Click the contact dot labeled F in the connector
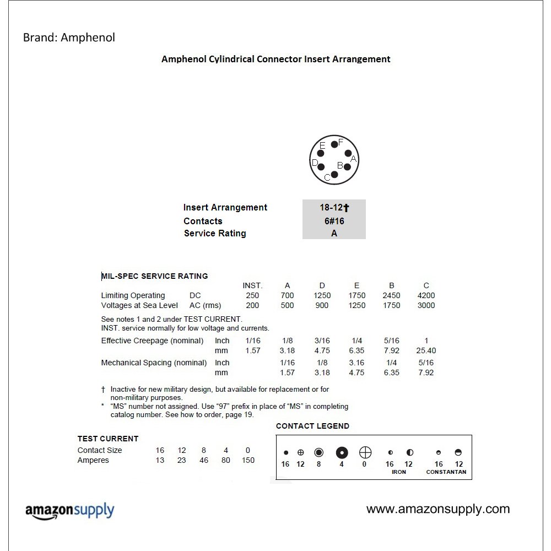point(334,145)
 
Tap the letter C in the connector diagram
point(327,177)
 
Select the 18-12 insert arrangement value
point(334,208)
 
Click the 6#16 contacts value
point(334,221)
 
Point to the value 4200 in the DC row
point(426,295)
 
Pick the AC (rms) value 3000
point(426,305)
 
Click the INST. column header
point(252,285)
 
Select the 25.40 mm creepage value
point(426,350)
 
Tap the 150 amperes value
point(248,460)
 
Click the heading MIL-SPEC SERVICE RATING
point(155,276)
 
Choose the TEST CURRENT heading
point(108,439)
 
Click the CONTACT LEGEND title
point(312,426)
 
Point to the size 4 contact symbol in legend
point(342,453)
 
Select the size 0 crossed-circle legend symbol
point(365,453)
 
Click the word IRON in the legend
point(399,472)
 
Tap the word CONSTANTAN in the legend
point(446,472)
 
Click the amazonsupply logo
point(70,511)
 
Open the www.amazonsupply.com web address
point(438,509)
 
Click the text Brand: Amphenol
point(69,38)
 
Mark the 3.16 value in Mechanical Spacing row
point(356,363)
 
